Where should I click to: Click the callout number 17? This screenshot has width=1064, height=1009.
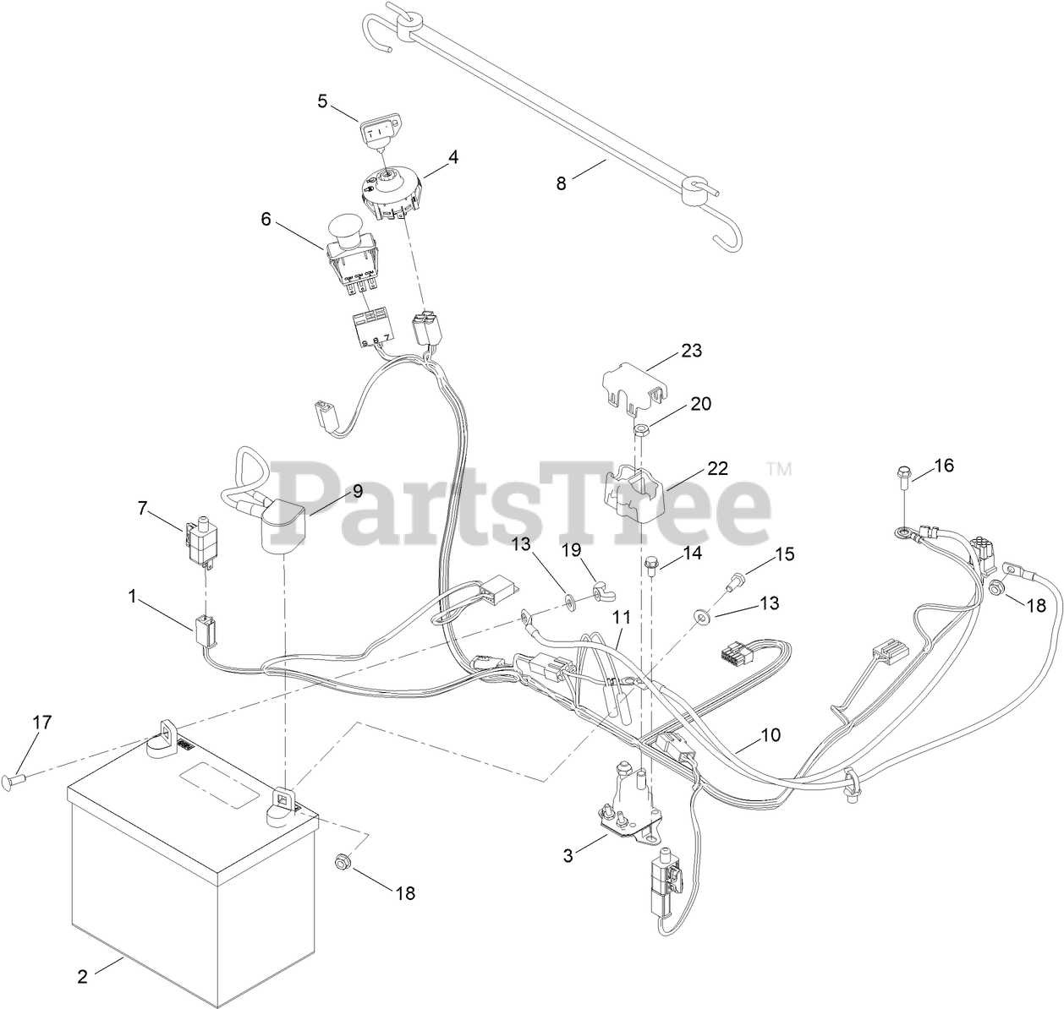[x=41, y=723]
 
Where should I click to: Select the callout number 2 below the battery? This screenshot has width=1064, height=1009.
[x=82, y=977]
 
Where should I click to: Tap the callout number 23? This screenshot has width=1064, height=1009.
[x=692, y=350]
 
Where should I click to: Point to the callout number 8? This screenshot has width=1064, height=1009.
[x=562, y=181]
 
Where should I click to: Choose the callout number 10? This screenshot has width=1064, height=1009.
[x=770, y=734]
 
